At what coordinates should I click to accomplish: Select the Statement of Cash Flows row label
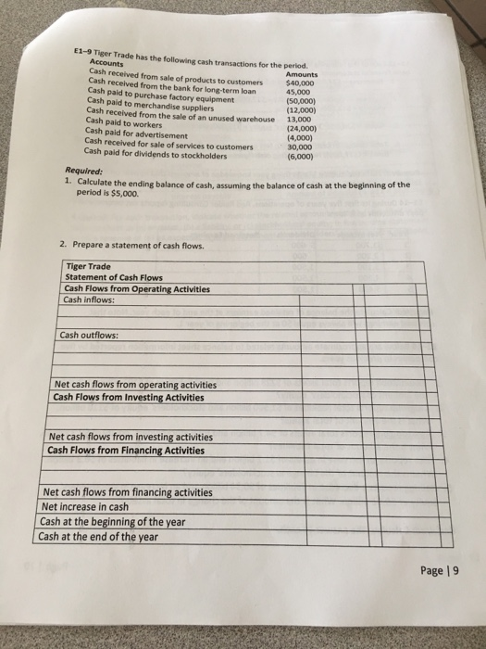tap(116, 277)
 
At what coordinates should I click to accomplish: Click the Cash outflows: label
tap(88, 336)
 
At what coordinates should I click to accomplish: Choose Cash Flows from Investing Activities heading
tap(129, 398)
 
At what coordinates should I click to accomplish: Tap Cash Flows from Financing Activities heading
tap(125, 451)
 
